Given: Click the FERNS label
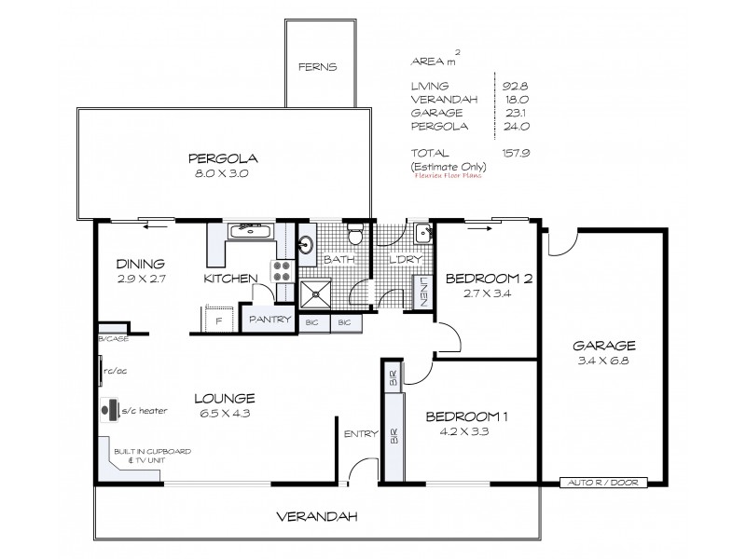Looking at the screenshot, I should [317, 67].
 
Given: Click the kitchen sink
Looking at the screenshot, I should [247, 229].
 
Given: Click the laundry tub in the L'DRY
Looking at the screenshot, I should [422, 233].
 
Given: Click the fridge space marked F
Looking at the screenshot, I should [218, 320].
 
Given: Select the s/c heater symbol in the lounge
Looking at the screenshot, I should [111, 410].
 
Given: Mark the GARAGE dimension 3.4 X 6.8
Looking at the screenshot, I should [605, 361].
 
